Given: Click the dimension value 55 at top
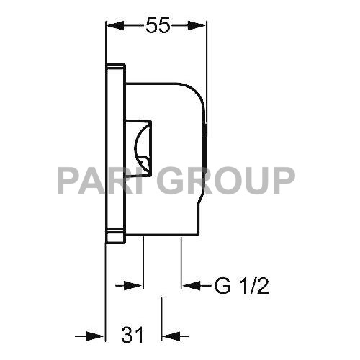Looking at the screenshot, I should tap(157, 26).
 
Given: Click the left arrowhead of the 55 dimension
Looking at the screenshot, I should tap(114, 26).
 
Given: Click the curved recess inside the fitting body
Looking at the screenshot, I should tap(143, 148).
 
